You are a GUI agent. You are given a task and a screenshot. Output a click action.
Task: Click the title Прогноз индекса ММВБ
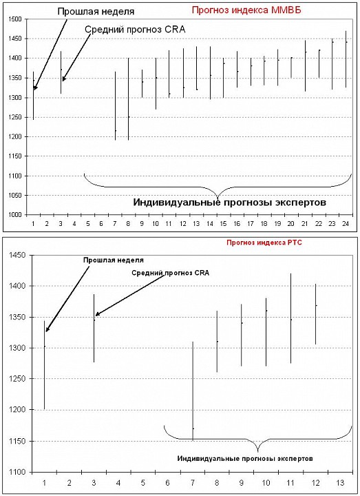pos(246,10)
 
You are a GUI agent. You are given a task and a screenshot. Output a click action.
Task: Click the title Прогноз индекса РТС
pos(264,242)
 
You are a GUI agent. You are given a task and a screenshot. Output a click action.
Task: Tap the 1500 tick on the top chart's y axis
pos(14,19)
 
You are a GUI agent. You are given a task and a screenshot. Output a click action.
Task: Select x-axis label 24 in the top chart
pos(346,224)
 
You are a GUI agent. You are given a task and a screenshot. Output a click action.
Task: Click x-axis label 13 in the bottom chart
pos(340,483)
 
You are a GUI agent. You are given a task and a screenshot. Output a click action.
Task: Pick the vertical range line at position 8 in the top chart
pos(128,99)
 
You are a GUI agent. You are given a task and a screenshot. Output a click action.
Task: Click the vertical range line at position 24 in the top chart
pos(346,59)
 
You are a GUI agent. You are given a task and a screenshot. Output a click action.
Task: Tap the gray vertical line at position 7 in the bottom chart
pos(193,391)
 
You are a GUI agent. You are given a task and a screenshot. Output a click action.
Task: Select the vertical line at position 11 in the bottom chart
pos(290,318)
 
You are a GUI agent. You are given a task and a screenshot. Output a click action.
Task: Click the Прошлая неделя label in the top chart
pos(96,12)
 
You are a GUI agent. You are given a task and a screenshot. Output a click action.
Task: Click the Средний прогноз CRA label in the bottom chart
pos(170,273)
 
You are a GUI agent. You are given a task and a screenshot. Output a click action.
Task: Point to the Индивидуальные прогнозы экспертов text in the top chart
pos(229,202)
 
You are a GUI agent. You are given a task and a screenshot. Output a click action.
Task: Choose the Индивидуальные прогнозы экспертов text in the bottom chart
pos(245,458)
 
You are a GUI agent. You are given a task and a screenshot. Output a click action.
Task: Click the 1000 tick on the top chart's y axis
pos(14,215)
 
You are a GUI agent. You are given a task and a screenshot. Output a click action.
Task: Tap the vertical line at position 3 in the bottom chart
pos(94,329)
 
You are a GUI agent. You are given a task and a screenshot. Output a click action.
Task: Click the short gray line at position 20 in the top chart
pos(291,68)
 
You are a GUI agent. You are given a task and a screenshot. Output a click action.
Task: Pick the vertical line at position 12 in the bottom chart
pos(315,314)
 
